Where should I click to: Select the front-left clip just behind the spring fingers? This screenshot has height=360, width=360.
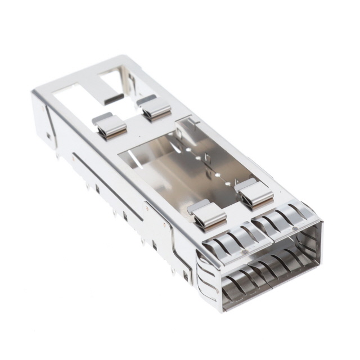point(206,215)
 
